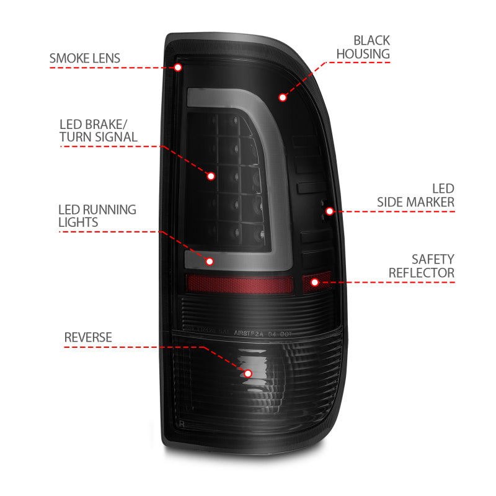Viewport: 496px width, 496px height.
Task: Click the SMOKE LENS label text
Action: [x=85, y=59]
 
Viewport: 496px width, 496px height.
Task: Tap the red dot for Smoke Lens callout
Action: [x=178, y=67]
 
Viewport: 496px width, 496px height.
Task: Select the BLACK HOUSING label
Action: [x=363, y=47]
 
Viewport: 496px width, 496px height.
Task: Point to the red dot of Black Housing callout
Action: [x=283, y=97]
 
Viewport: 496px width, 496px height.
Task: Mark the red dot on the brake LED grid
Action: [x=211, y=176]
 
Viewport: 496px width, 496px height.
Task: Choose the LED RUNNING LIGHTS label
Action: [x=97, y=215]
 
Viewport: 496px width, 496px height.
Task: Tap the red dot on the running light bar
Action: [x=210, y=262]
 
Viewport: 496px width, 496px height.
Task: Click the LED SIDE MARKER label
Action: [x=416, y=195]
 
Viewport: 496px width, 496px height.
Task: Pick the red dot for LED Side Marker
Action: [x=330, y=211]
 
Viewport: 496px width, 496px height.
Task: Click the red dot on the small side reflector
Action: [x=315, y=282]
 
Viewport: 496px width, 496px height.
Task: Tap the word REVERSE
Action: [x=88, y=337]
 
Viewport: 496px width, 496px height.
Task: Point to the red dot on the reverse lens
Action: [x=248, y=373]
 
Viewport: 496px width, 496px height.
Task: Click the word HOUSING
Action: [x=363, y=54]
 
